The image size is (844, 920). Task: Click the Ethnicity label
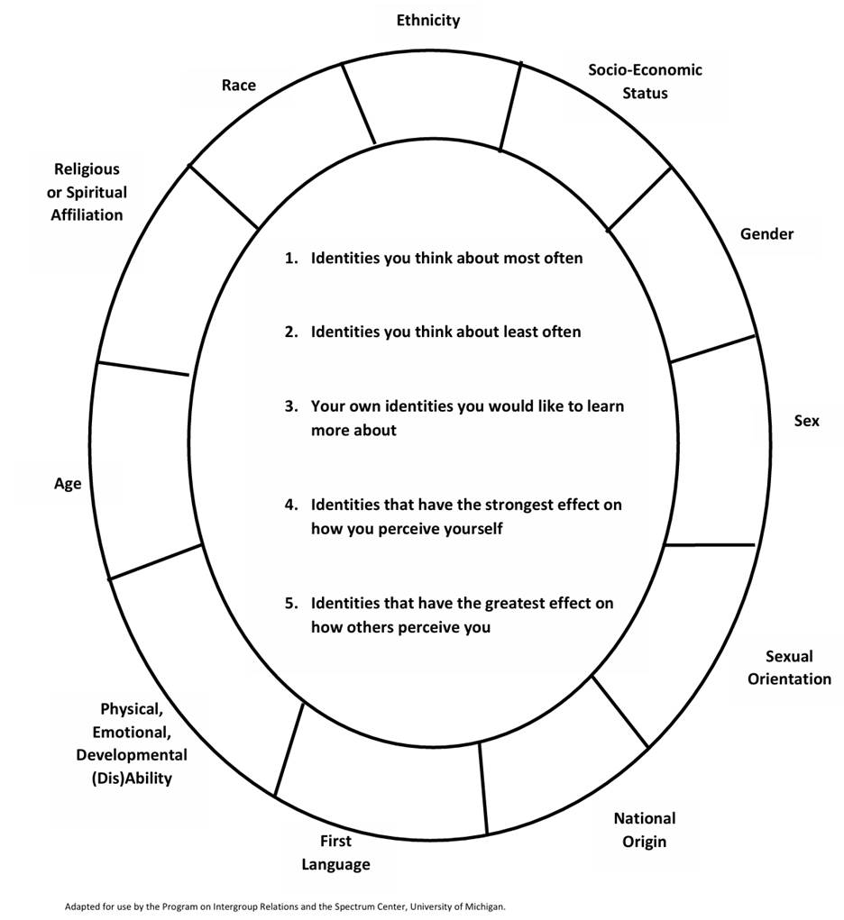(428, 20)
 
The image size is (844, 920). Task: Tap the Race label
(239, 86)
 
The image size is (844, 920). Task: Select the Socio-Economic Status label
(645, 81)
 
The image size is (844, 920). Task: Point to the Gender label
(767, 234)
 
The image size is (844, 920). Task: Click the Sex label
(806, 421)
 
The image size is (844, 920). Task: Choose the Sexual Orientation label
(789, 668)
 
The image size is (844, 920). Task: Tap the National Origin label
(644, 830)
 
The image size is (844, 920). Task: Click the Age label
(68, 484)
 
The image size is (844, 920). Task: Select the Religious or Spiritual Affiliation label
(87, 191)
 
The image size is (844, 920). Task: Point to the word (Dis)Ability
(132, 778)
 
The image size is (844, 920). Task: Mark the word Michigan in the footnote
(485, 906)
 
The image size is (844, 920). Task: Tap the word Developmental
(132, 754)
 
